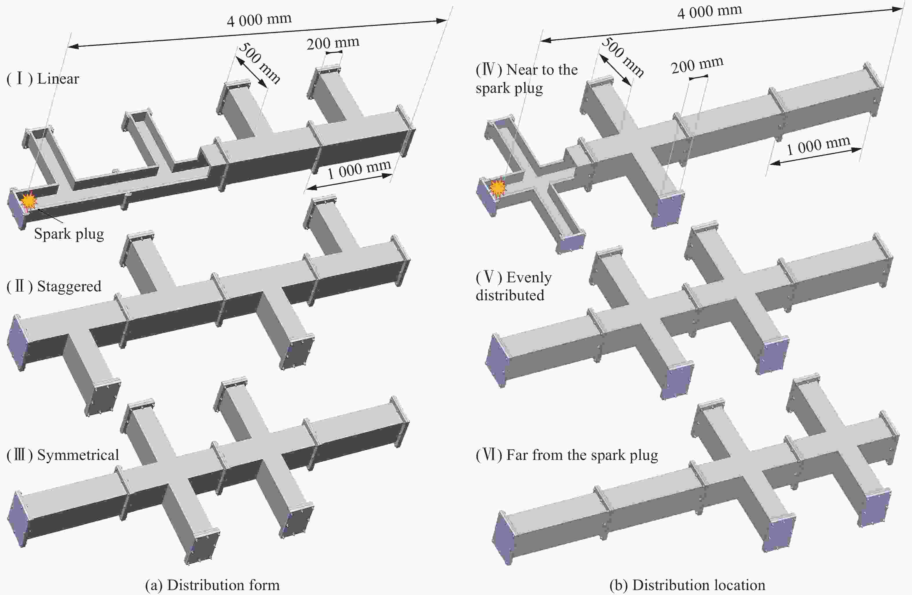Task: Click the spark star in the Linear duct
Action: coord(29,200)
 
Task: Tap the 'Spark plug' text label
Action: coord(69,233)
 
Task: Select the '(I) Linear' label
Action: coord(43,79)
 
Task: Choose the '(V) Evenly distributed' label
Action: coord(514,286)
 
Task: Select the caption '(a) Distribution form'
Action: coord(212,585)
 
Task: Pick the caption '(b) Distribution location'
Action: coord(687,585)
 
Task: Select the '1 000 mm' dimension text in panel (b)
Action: coord(818,145)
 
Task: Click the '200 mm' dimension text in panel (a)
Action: coord(333,43)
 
